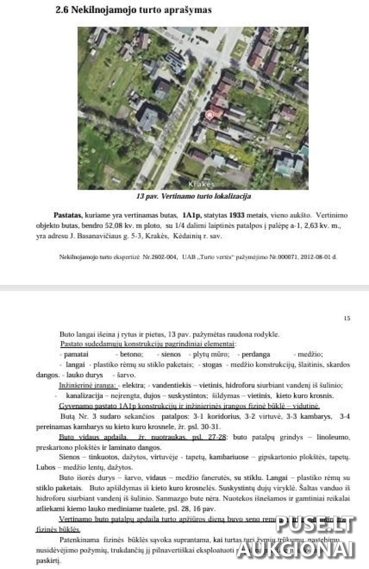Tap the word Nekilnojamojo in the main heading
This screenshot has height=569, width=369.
pos(98,9)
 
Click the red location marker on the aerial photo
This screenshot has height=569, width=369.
pos(209,116)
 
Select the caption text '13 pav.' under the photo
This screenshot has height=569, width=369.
pos(145,196)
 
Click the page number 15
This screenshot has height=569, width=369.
pos(347,318)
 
